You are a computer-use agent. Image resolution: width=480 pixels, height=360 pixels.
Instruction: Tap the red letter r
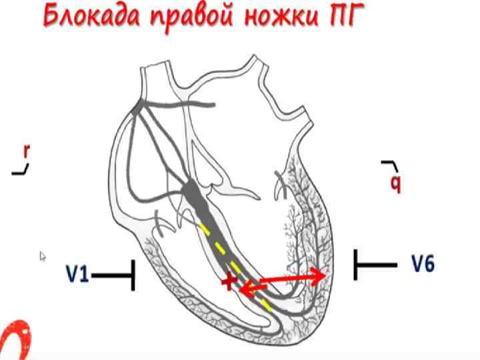[26, 151]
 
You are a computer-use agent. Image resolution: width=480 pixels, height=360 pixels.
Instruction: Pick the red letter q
[395, 182]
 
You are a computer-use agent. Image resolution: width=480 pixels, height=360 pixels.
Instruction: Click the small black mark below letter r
[21, 171]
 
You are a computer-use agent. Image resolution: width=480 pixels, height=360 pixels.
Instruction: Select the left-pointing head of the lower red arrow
[243, 289]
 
